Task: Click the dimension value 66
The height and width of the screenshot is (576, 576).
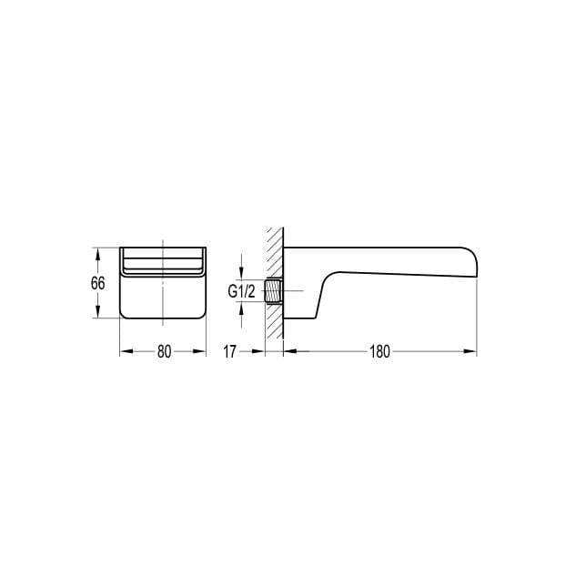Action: (98, 282)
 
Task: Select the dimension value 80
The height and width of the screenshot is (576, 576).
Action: (164, 352)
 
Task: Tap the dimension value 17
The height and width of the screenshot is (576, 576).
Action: (232, 352)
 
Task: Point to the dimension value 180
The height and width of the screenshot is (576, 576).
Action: (380, 352)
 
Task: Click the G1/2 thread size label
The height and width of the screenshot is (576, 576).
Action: (241, 292)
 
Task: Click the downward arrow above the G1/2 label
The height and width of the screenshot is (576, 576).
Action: (241, 276)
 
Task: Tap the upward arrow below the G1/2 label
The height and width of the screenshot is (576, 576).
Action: (241, 308)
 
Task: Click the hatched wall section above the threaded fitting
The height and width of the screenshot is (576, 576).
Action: (272, 250)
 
